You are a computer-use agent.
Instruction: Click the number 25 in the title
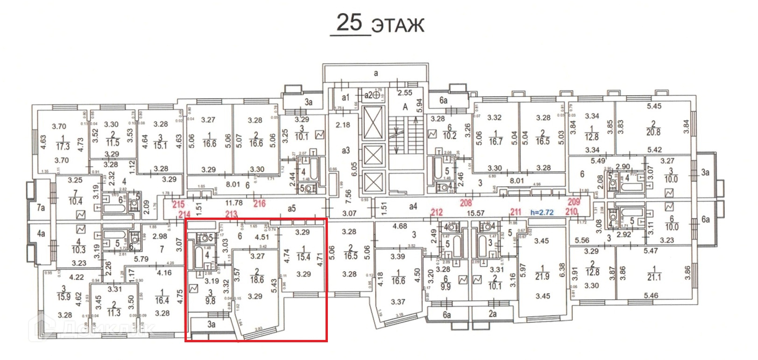(x=349, y=22)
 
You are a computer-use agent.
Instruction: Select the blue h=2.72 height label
(x=542, y=212)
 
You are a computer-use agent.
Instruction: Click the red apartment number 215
(x=178, y=204)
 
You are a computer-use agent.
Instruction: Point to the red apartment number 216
(x=259, y=203)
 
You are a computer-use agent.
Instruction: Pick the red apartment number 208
(x=466, y=203)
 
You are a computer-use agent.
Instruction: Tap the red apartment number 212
(x=436, y=212)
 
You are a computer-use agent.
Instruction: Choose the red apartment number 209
(x=574, y=202)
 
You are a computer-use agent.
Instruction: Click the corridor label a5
(x=292, y=209)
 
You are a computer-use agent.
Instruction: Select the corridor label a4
(x=413, y=206)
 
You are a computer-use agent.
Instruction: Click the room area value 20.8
(x=653, y=132)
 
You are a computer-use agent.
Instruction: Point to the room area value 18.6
(x=257, y=280)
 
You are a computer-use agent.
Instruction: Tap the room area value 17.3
(x=63, y=146)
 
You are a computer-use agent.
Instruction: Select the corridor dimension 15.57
(x=475, y=213)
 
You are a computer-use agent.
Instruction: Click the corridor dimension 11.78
(x=234, y=203)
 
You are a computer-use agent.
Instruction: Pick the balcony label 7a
(x=41, y=207)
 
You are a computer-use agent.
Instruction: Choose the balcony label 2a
(x=492, y=314)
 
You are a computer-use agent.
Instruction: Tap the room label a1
(x=345, y=98)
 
